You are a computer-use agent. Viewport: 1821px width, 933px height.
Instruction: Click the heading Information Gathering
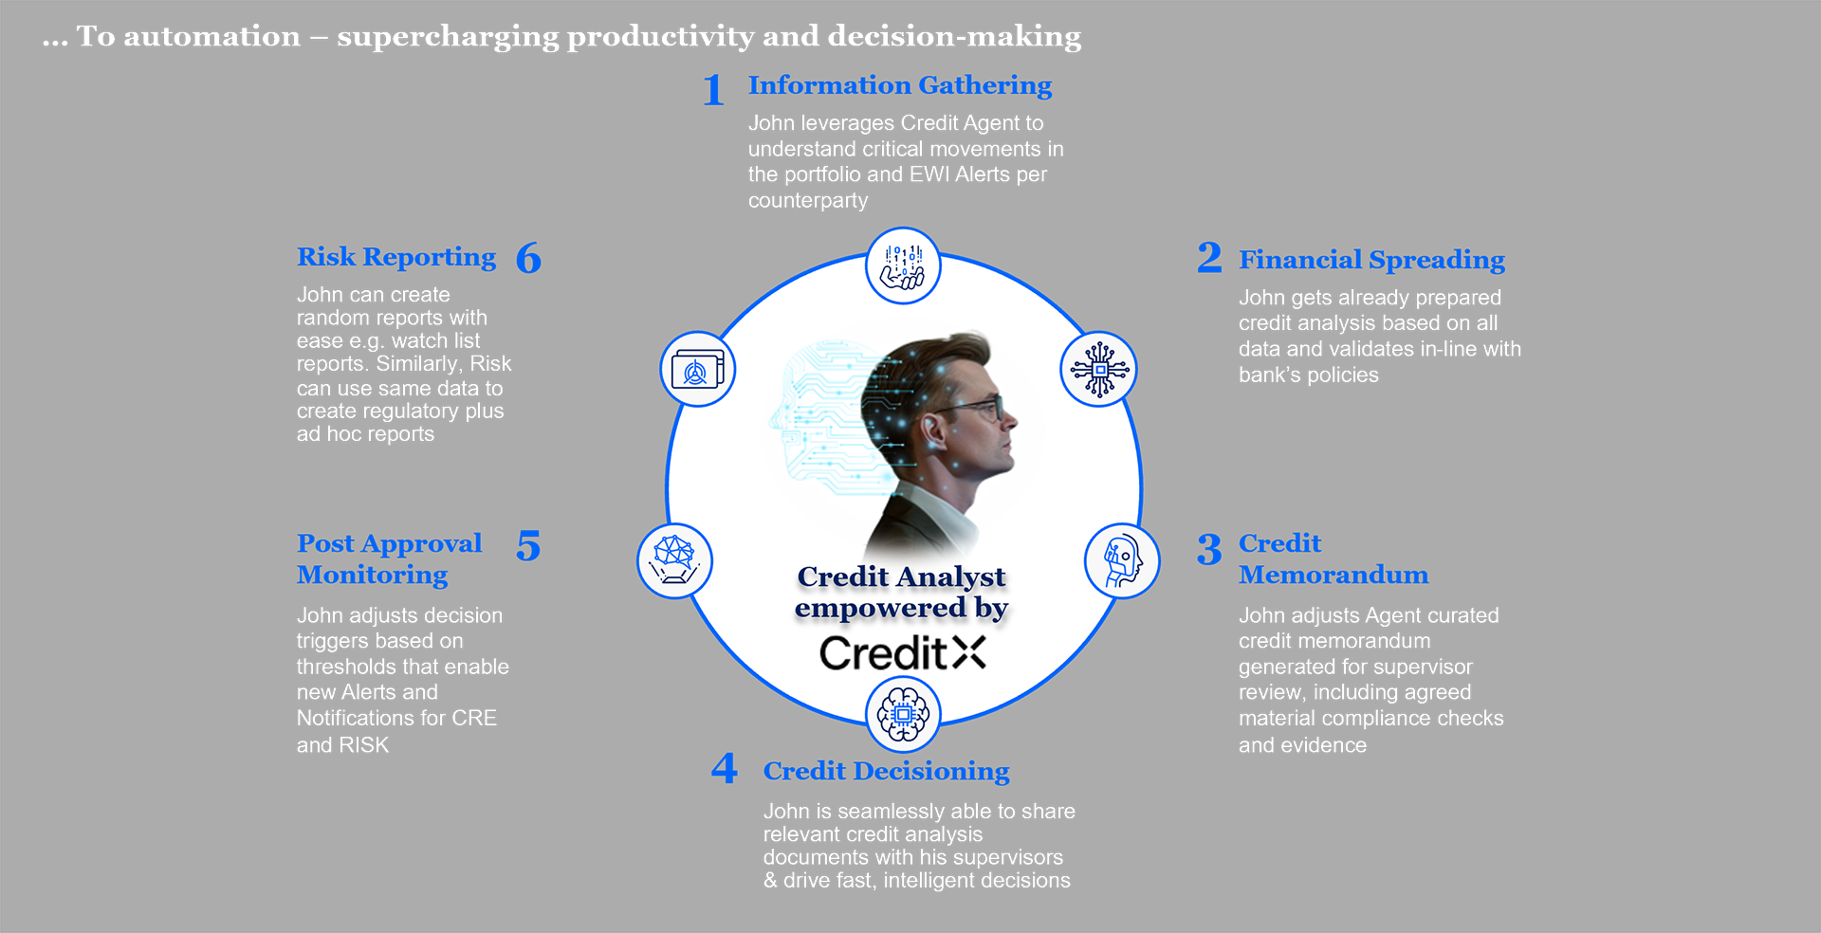899,85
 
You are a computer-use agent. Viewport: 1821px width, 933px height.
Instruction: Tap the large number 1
713,91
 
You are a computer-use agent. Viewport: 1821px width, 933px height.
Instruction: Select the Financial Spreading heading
1371,260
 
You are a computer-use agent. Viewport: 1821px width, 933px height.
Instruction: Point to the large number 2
1209,257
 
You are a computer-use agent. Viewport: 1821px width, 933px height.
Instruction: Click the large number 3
1209,549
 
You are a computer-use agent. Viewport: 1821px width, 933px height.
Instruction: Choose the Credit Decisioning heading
886,771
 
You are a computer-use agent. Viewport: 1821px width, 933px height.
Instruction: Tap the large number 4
725,767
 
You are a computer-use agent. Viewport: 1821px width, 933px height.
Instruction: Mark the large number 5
528,546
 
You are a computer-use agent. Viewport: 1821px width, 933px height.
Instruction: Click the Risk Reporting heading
396,257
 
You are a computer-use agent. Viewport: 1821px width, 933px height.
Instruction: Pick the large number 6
528,258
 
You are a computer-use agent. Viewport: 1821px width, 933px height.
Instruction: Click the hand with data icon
903,266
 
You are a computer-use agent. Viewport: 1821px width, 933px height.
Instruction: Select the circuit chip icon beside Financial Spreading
1098,369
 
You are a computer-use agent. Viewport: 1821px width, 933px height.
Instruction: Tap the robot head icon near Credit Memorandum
1122,560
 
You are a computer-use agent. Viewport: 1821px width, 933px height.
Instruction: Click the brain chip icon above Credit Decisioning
903,715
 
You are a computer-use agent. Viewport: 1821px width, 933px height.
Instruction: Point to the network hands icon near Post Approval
674,560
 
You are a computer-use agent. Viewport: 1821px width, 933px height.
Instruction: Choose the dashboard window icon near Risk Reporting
698,369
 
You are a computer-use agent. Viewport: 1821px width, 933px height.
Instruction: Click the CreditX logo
902,653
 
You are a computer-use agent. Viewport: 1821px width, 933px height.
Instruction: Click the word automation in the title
212,36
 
